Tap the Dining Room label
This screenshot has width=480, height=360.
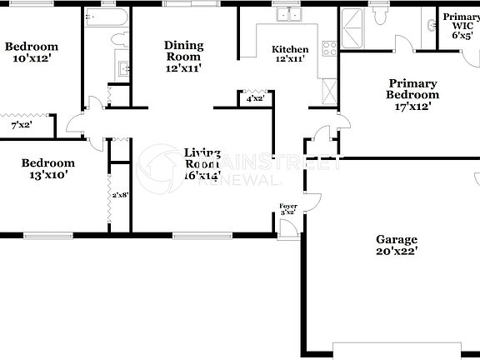click(182, 57)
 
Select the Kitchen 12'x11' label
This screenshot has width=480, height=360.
click(289, 54)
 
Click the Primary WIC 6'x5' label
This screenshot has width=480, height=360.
click(461, 26)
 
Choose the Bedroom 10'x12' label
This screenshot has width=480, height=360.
click(32, 52)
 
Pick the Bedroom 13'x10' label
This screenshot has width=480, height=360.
click(47, 168)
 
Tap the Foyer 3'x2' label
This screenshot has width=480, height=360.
click(288, 208)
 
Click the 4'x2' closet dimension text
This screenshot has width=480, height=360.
click(255, 98)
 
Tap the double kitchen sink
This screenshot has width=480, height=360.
click(289, 14)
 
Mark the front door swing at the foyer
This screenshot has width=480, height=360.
click(288, 227)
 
